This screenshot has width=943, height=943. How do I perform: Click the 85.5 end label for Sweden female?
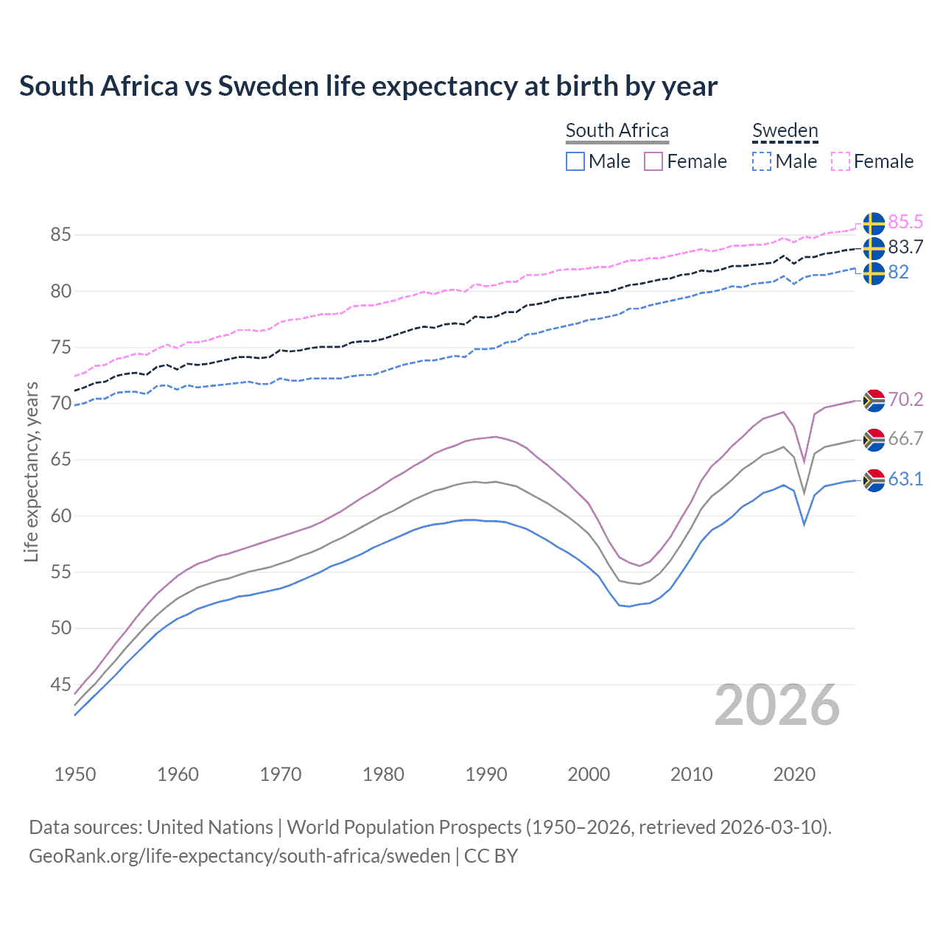(905, 222)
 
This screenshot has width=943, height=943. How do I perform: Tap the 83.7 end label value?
(905, 247)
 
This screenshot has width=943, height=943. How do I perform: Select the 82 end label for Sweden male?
(898, 272)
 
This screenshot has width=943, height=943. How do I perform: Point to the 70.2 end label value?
(905, 399)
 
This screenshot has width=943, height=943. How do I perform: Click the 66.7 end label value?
(905, 439)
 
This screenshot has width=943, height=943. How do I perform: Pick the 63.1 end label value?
(905, 479)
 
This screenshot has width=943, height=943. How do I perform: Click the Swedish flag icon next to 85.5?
(874, 223)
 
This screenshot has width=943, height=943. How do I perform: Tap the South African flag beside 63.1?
(874, 480)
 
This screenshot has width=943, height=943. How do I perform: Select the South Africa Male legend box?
(575, 161)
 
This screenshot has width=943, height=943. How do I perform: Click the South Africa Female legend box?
(653, 161)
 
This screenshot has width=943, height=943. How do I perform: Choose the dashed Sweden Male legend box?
(762, 161)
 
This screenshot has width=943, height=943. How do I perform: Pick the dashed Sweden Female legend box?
(841, 161)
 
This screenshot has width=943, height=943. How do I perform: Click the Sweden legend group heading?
(785, 130)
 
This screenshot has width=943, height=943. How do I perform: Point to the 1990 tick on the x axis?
(486, 774)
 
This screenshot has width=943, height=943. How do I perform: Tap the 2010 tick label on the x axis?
(691, 774)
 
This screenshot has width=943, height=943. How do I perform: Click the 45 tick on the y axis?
(60, 684)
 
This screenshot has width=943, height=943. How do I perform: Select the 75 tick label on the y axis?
(60, 347)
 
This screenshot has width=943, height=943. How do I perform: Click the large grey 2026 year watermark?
(777, 705)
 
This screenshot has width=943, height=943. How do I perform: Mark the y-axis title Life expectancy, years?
(31, 471)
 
